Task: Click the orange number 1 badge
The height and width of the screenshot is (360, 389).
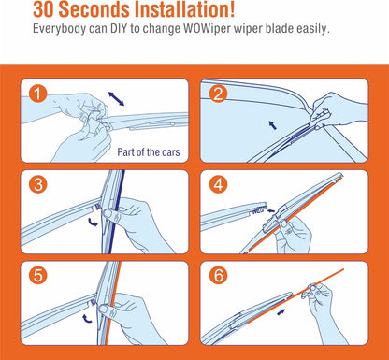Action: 37,94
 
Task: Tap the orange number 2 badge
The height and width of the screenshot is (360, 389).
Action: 218,94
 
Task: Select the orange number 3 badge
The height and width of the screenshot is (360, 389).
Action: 37,184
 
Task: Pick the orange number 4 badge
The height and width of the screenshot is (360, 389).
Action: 218,184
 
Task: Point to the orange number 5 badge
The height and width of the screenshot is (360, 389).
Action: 37,276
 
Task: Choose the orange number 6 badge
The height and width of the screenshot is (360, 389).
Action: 218,276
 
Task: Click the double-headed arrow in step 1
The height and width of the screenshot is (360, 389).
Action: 116,99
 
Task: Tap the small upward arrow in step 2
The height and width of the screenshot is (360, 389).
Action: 273,125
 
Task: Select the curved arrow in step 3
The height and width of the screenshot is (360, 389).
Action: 93,222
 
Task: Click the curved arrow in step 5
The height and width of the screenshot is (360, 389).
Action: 87,319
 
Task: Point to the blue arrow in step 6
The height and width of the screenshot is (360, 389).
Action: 281,311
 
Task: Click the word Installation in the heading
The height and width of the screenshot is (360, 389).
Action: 184,9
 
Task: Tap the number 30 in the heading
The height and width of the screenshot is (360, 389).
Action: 44,9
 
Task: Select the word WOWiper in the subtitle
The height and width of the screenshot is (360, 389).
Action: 207,29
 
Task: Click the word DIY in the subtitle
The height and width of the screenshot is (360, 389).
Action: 119,29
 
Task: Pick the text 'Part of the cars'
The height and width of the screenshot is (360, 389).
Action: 149,152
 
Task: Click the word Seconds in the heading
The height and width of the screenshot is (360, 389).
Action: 94,9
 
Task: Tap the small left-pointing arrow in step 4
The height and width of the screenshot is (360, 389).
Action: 271,210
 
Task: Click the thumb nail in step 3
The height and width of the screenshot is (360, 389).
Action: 108,213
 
